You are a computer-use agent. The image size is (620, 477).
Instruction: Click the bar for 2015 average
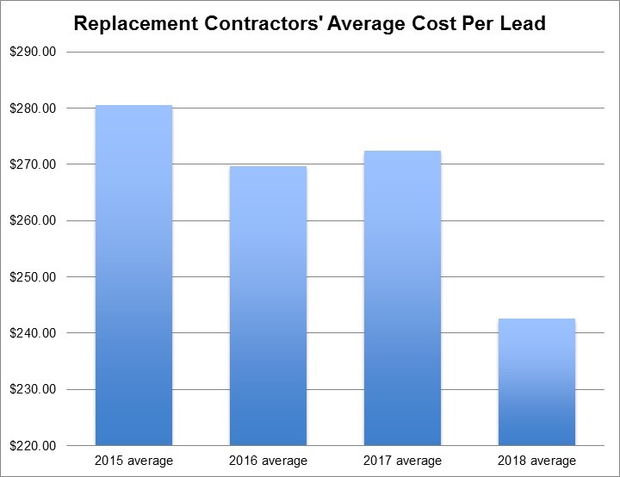(133, 276)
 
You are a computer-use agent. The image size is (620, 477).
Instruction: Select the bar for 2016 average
(268, 306)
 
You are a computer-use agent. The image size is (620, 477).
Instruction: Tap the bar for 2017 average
(402, 298)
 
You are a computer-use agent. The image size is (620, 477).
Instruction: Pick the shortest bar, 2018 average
(536, 382)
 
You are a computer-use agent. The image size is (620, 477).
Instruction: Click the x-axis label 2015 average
(133, 461)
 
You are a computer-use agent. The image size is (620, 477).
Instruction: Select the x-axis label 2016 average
(268, 461)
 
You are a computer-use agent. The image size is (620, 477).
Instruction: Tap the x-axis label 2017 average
(402, 461)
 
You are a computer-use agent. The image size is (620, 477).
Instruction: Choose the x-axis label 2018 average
(536, 461)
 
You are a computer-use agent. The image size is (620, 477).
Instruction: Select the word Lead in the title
(523, 23)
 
